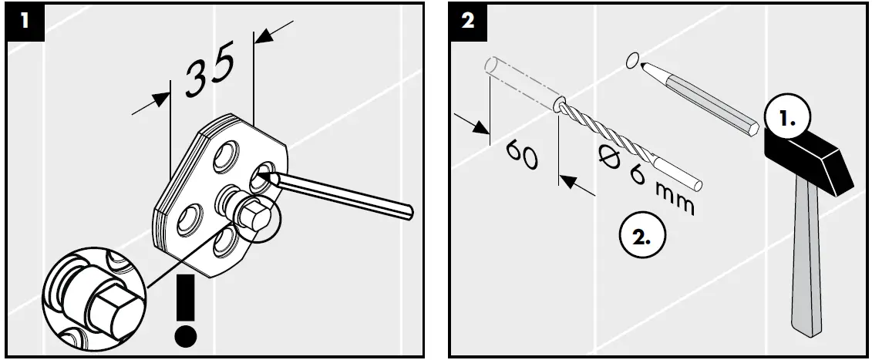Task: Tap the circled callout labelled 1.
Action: point(786,120)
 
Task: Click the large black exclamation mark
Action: point(184,304)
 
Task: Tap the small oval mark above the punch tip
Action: point(633,59)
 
